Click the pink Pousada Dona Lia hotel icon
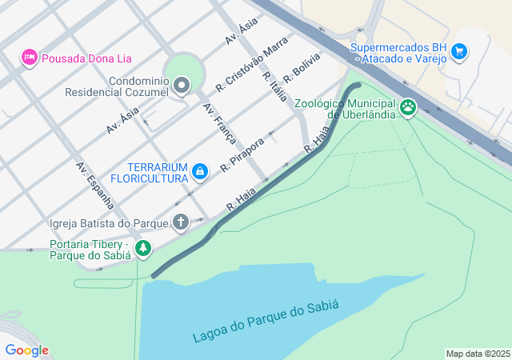pyautogui.click(x=30, y=58)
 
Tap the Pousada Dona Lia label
pyautogui.click(x=86, y=58)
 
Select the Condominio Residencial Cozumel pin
pyautogui.click(x=182, y=85)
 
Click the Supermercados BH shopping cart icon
pyautogui.click(x=458, y=52)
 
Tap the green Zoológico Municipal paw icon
pyautogui.click(x=409, y=106)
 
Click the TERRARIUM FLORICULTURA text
pyautogui.click(x=148, y=170)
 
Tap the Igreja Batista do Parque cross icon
pyautogui.click(x=181, y=222)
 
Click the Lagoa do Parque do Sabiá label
pyautogui.click(x=266, y=321)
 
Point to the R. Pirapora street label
pyautogui.click(x=242, y=153)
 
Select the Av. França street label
pyautogui.click(x=219, y=123)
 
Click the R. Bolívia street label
pyautogui.click(x=302, y=66)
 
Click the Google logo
pyautogui.click(x=26, y=350)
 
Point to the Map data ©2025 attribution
pyautogui.click(x=478, y=354)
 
